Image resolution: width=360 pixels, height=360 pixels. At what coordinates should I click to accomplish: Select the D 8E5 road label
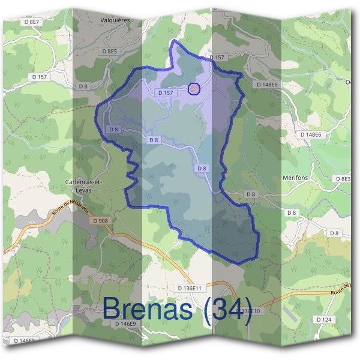[109, 52]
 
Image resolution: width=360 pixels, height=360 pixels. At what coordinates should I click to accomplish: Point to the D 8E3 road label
[343, 179]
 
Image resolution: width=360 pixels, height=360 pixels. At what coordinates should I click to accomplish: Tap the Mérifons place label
[295, 178]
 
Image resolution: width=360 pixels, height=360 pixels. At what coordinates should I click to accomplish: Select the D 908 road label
[101, 221]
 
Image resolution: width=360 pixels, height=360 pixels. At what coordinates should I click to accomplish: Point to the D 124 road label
[323, 320]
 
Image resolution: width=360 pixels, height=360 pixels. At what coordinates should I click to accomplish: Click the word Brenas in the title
[148, 309]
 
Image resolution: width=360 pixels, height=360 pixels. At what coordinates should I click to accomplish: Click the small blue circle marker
[193, 89]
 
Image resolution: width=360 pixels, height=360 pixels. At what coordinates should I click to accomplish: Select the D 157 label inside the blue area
[166, 93]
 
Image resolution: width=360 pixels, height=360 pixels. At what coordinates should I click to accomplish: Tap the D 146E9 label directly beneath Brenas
[125, 323]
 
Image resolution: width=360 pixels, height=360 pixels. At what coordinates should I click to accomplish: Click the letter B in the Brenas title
[112, 309]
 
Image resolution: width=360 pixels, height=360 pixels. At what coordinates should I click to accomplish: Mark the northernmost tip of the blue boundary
[173, 41]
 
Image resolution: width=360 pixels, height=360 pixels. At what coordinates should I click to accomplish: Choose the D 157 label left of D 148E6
[217, 57]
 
